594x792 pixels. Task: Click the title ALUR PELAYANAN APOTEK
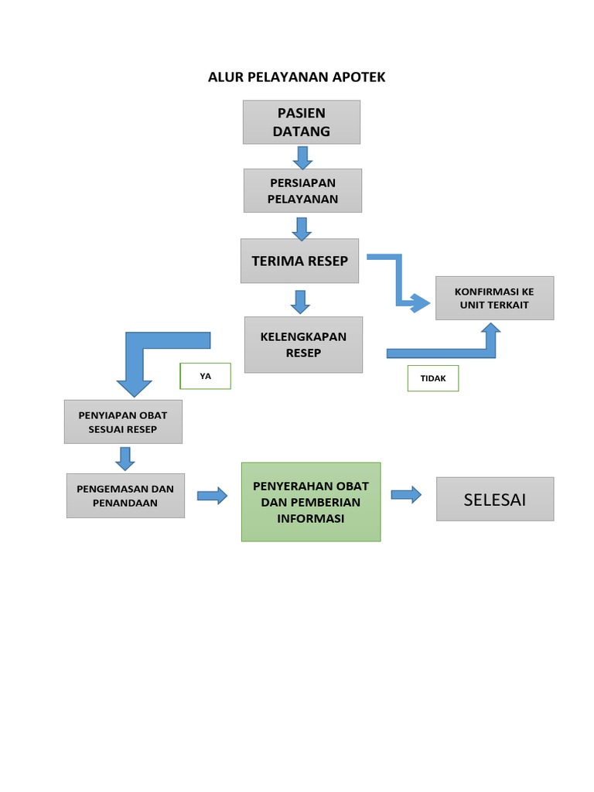click(x=296, y=77)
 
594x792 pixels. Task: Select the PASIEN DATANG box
click(x=301, y=122)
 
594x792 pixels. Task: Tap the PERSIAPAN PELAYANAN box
click(x=302, y=190)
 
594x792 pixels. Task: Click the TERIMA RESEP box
click(x=299, y=261)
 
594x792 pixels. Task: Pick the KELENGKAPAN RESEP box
click(x=303, y=345)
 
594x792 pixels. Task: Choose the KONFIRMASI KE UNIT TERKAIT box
click(x=494, y=298)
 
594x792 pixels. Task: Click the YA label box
click(x=205, y=376)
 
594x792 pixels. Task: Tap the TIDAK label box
click(x=432, y=378)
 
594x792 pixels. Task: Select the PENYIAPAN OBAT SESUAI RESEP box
click(x=123, y=422)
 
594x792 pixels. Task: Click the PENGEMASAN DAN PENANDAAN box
click(x=125, y=496)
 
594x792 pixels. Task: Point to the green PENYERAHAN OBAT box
click(x=311, y=502)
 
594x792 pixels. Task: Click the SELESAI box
click(x=495, y=499)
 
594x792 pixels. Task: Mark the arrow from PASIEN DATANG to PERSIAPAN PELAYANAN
click(x=302, y=157)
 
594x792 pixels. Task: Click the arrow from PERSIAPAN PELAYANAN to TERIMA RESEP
click(x=302, y=228)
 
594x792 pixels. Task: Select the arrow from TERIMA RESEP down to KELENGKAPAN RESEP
click(x=300, y=301)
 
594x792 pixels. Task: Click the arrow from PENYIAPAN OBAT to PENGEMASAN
click(x=125, y=458)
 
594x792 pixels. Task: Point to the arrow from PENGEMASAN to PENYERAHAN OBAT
click(x=212, y=496)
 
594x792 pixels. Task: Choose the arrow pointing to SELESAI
click(x=406, y=494)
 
